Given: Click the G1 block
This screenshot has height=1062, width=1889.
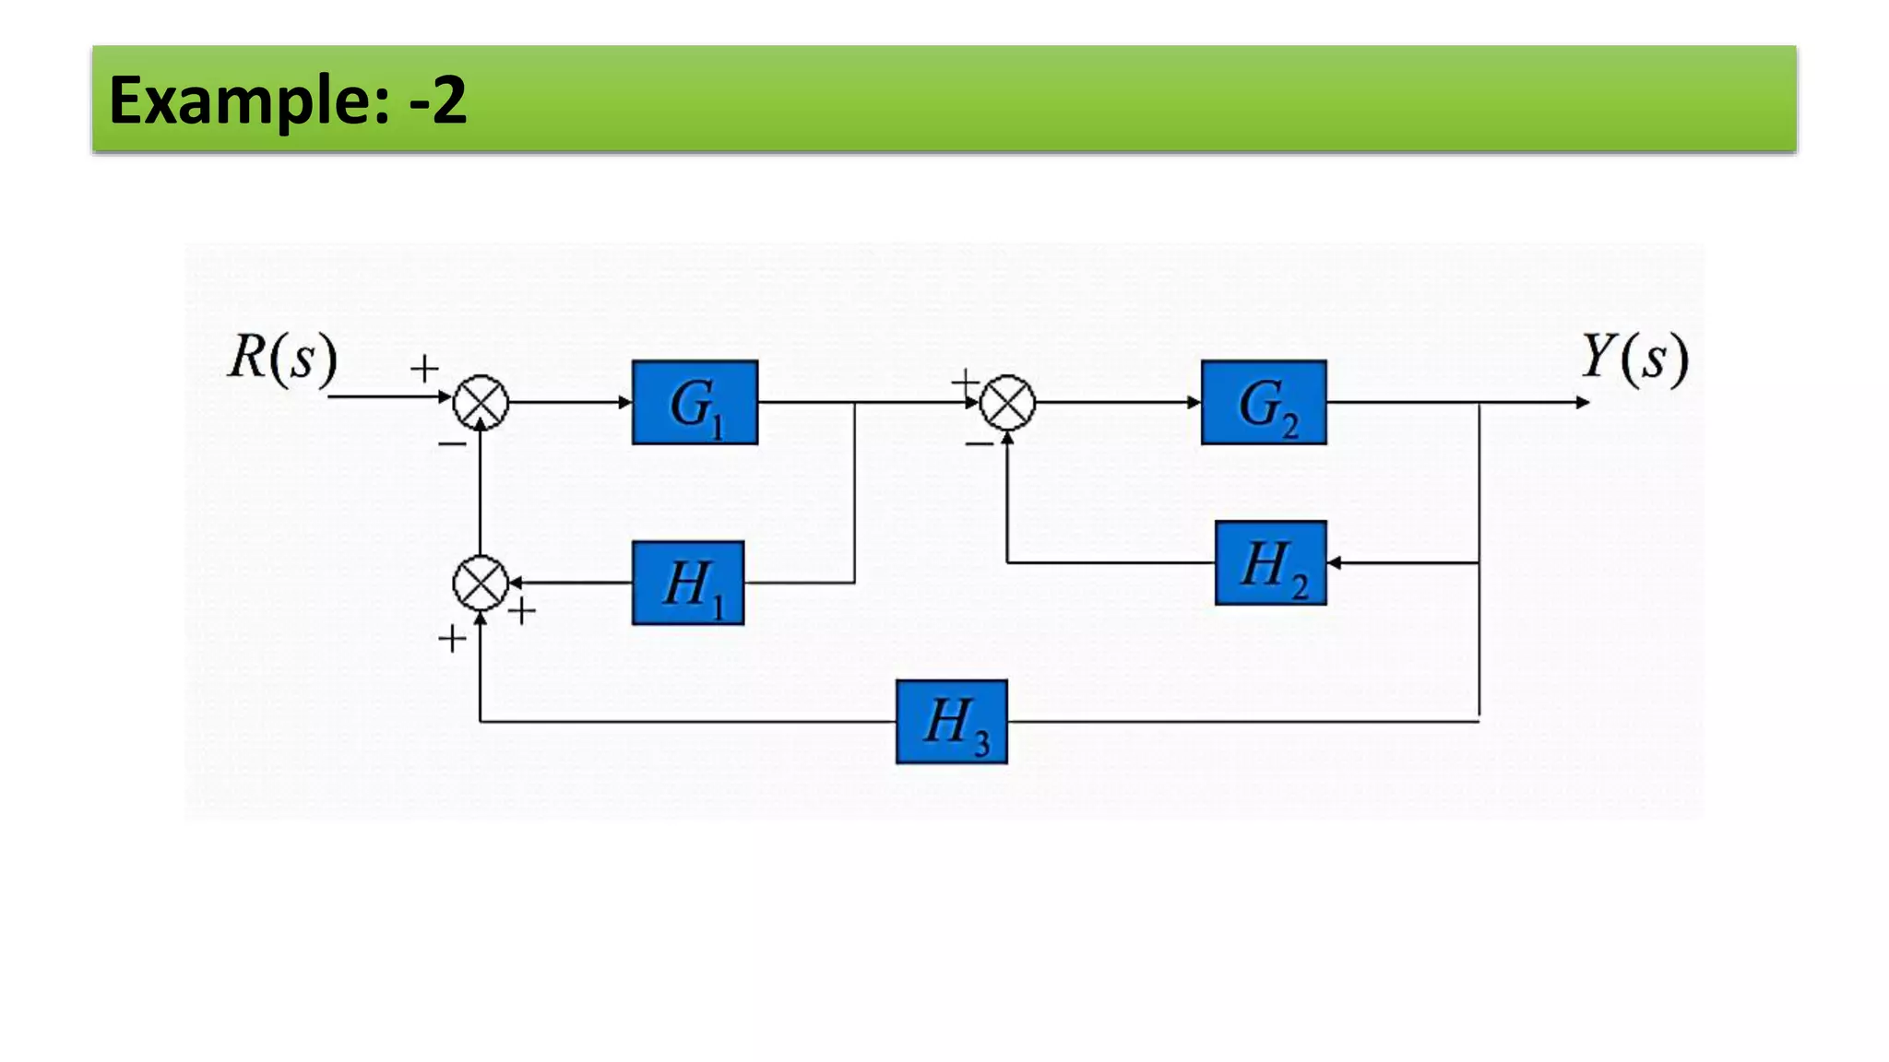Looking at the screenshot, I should pyautogui.click(x=695, y=403).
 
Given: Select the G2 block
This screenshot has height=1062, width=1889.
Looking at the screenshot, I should pyautogui.click(x=1264, y=403).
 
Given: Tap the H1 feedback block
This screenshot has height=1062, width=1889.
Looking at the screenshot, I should pyautogui.click(x=688, y=584).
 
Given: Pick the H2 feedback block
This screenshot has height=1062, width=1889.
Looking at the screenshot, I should pyautogui.click(x=1270, y=563).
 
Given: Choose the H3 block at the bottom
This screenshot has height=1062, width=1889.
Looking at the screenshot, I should pyautogui.click(x=951, y=722).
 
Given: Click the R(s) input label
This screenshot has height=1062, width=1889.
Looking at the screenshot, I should pyautogui.click(x=282, y=358).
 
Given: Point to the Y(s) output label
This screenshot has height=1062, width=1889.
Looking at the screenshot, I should pyautogui.click(x=1634, y=358).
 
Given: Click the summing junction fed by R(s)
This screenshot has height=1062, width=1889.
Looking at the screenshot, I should pyautogui.click(x=481, y=403).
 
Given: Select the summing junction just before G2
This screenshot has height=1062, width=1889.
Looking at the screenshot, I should pyautogui.click(x=1007, y=403).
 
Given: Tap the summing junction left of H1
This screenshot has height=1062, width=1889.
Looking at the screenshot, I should pyautogui.click(x=481, y=584).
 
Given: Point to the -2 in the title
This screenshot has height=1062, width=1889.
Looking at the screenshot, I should pyautogui.click(x=438, y=100).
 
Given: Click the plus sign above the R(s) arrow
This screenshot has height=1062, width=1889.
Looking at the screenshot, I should pyautogui.click(x=424, y=369).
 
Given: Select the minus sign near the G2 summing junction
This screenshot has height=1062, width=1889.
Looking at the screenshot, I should pyautogui.click(x=979, y=445).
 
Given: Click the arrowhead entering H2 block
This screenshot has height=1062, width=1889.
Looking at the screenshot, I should pyautogui.click(x=1334, y=562).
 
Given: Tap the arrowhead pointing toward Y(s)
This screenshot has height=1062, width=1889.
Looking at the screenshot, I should pyautogui.click(x=1583, y=403).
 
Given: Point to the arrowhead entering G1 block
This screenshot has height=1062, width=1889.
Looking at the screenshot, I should pyautogui.click(x=625, y=403).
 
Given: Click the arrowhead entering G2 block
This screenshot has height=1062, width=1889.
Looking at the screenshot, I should pyautogui.click(x=1194, y=403).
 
